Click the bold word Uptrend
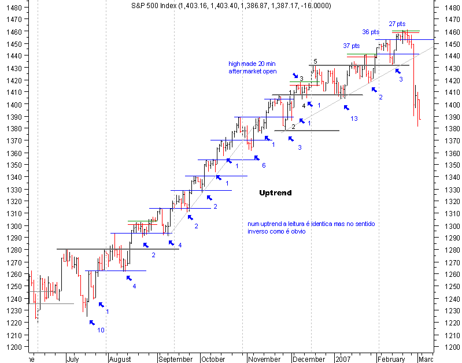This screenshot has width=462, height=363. coord(275,192)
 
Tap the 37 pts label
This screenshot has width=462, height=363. coord(351,46)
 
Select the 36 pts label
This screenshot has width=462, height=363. coord(371,32)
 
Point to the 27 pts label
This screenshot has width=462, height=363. coord(397,24)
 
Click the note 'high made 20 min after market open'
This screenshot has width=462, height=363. coord(253,68)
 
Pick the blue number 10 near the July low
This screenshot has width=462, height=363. coord(101,330)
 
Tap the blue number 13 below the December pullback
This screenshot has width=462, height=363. coord(353,118)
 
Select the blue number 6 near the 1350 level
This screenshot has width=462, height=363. coord(263,165)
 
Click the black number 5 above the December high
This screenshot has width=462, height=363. coord(315,61)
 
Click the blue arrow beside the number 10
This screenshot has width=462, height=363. coord(91,323)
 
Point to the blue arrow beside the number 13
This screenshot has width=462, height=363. coord(346,107)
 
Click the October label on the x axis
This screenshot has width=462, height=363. coord(213,359)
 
